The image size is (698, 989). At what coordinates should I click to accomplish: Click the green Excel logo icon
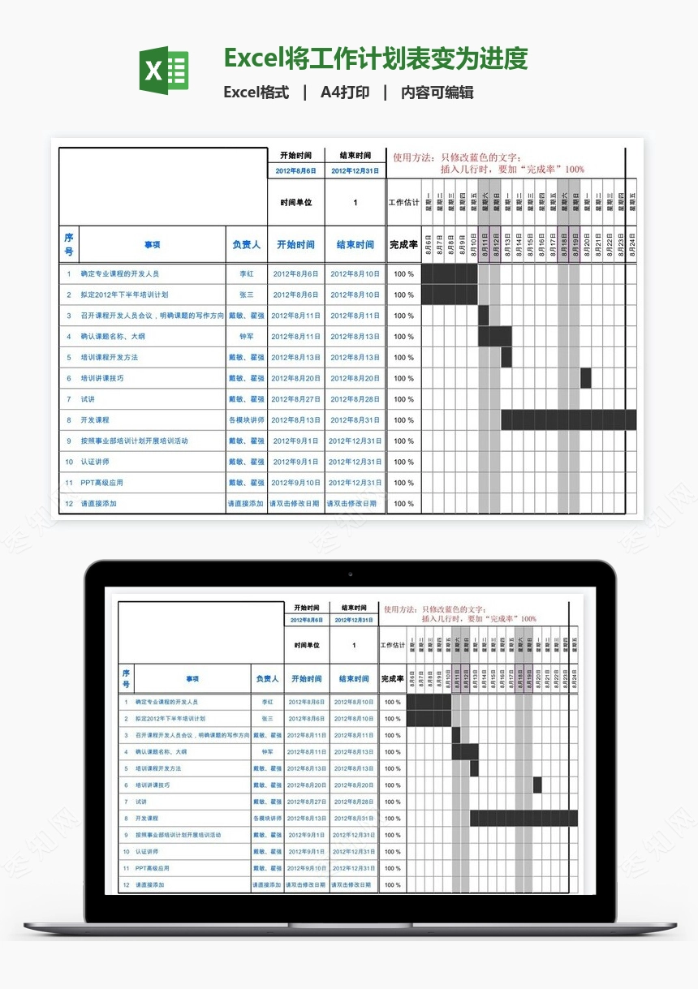pyautogui.click(x=164, y=71)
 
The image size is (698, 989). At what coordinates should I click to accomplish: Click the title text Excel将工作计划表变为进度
pyautogui.click(x=376, y=59)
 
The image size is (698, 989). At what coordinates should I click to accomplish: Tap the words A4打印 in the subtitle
pyautogui.click(x=345, y=92)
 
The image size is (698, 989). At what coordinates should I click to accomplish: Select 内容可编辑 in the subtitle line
pyautogui.click(x=437, y=92)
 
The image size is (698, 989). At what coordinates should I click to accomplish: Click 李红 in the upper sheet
pyautogui.click(x=246, y=274)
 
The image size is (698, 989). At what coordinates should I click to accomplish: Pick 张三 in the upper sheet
pyautogui.click(x=246, y=295)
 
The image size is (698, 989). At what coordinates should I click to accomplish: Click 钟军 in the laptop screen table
pyautogui.click(x=267, y=752)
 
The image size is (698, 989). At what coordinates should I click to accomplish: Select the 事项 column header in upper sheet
pyautogui.click(x=153, y=245)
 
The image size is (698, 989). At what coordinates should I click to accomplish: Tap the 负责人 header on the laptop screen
pyautogui.click(x=267, y=679)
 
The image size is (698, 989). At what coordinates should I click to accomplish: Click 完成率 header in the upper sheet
pyautogui.click(x=403, y=245)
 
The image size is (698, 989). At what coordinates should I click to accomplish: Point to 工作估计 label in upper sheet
pyautogui.click(x=404, y=203)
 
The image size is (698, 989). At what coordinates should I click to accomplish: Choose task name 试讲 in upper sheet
pyautogui.click(x=88, y=400)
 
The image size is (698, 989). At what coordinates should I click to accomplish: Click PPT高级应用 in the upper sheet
pyautogui.click(x=101, y=484)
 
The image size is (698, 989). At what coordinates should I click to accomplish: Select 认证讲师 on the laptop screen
pyautogui.click(x=147, y=852)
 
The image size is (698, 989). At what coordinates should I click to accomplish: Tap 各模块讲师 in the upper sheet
pyautogui.click(x=246, y=420)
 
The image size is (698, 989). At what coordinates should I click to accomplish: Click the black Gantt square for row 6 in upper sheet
pyautogui.click(x=586, y=378)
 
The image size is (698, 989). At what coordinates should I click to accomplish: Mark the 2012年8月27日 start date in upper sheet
pyautogui.click(x=295, y=400)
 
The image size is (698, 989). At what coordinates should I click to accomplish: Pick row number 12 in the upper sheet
pyautogui.click(x=69, y=504)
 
